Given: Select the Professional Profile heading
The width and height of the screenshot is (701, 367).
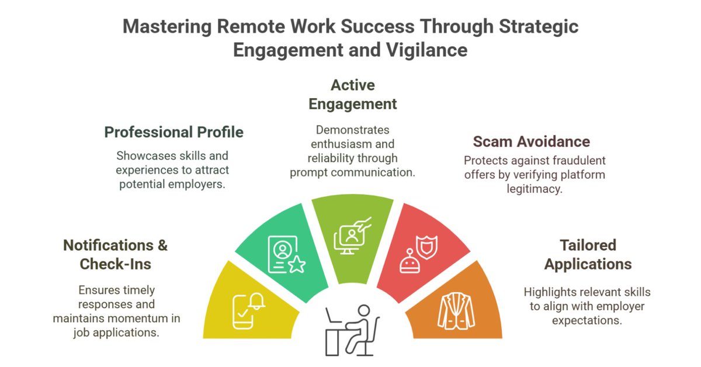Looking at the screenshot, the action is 173,133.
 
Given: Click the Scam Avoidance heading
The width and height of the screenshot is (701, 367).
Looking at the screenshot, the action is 531,141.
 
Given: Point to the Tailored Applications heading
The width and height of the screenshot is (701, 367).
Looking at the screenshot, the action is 588,254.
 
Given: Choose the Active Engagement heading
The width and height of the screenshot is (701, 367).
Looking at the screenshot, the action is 352,95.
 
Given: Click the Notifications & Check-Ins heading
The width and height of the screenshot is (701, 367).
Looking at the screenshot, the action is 115,254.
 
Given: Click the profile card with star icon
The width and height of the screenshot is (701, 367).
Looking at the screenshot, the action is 286,255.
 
